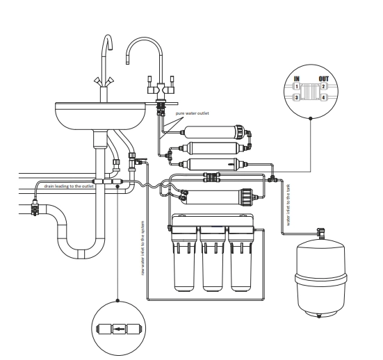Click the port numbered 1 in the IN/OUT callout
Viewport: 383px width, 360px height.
point(297,86)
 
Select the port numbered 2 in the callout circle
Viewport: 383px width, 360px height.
point(323,86)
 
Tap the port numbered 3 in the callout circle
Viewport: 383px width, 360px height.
point(297,97)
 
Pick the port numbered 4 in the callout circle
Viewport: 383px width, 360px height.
point(323,97)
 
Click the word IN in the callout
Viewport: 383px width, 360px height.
point(297,79)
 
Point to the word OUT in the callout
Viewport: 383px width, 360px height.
point(324,79)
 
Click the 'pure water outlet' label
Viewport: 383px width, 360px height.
point(193,113)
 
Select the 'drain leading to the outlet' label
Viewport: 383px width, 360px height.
point(69,186)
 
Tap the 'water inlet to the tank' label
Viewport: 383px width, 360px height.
point(288,205)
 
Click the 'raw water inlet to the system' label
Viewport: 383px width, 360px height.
point(143,248)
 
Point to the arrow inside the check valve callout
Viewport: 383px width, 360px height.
point(119,329)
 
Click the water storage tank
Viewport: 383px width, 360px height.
point(320,279)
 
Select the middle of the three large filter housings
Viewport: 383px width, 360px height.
point(213,259)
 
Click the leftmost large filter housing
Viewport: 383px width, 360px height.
point(185,259)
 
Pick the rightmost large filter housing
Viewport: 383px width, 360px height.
point(241,259)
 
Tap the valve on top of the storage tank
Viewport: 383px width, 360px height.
point(320,233)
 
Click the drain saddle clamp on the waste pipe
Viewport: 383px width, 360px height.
point(35,207)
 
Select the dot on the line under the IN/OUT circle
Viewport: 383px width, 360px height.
point(311,118)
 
